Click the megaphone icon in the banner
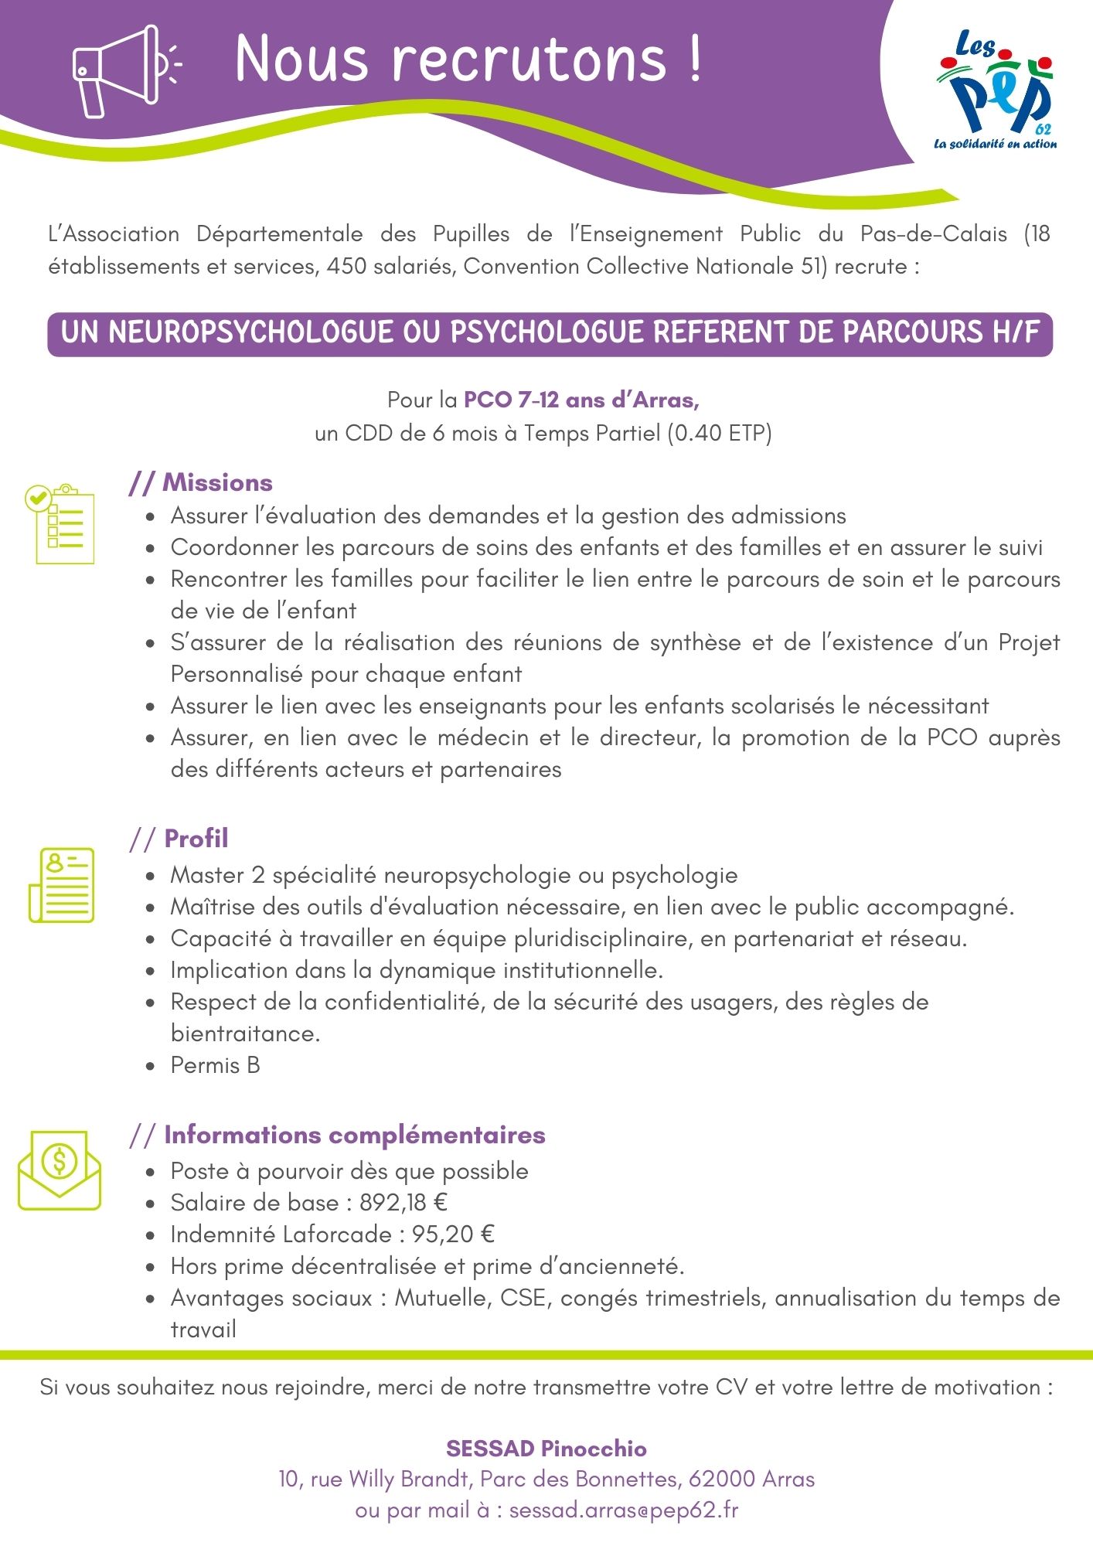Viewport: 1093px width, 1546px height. point(124,71)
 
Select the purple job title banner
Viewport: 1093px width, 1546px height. point(550,333)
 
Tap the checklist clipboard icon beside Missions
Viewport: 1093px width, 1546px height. point(60,524)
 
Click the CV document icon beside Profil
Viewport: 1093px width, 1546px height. point(62,884)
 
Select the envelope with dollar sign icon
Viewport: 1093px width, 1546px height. point(60,1170)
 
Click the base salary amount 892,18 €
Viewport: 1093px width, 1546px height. point(403,1203)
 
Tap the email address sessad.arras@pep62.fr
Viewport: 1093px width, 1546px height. point(623,1510)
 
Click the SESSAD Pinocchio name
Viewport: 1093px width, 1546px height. point(546,1448)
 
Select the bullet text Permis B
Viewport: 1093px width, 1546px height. point(215,1065)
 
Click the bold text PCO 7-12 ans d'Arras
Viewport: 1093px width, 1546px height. point(581,400)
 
